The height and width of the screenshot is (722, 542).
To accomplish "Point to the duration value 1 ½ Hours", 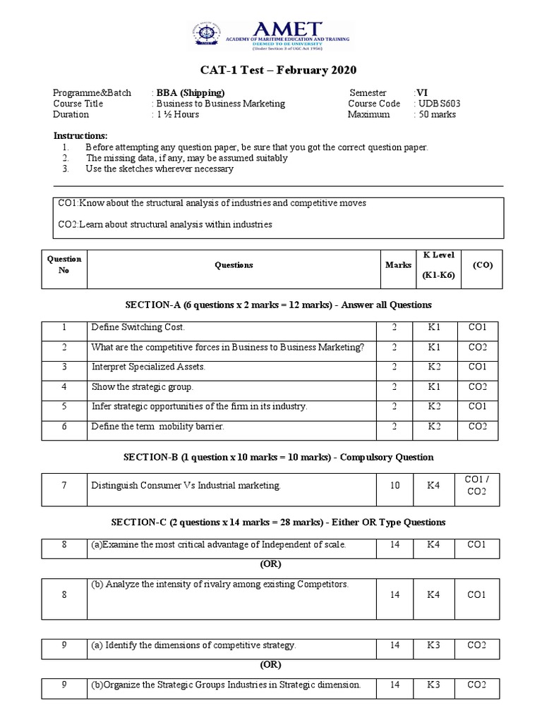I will [x=178, y=114].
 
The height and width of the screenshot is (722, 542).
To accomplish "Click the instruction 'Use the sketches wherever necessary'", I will [x=159, y=169].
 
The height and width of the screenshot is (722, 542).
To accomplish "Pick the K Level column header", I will [x=438, y=265].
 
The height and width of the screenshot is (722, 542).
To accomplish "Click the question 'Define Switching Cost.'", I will [x=138, y=328].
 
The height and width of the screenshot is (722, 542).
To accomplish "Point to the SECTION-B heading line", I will [x=278, y=457].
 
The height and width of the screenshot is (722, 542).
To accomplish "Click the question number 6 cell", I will [x=64, y=427].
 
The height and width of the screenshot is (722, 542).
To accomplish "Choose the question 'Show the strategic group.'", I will [x=142, y=387].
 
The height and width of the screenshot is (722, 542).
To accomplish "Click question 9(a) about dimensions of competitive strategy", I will [x=193, y=646].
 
